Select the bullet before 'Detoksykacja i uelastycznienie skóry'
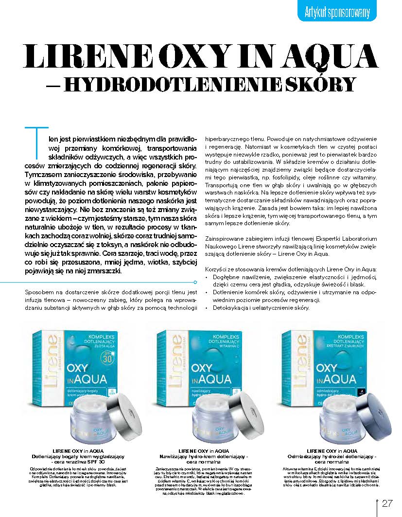(x=208, y=308)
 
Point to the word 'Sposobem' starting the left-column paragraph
(x=38, y=292)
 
